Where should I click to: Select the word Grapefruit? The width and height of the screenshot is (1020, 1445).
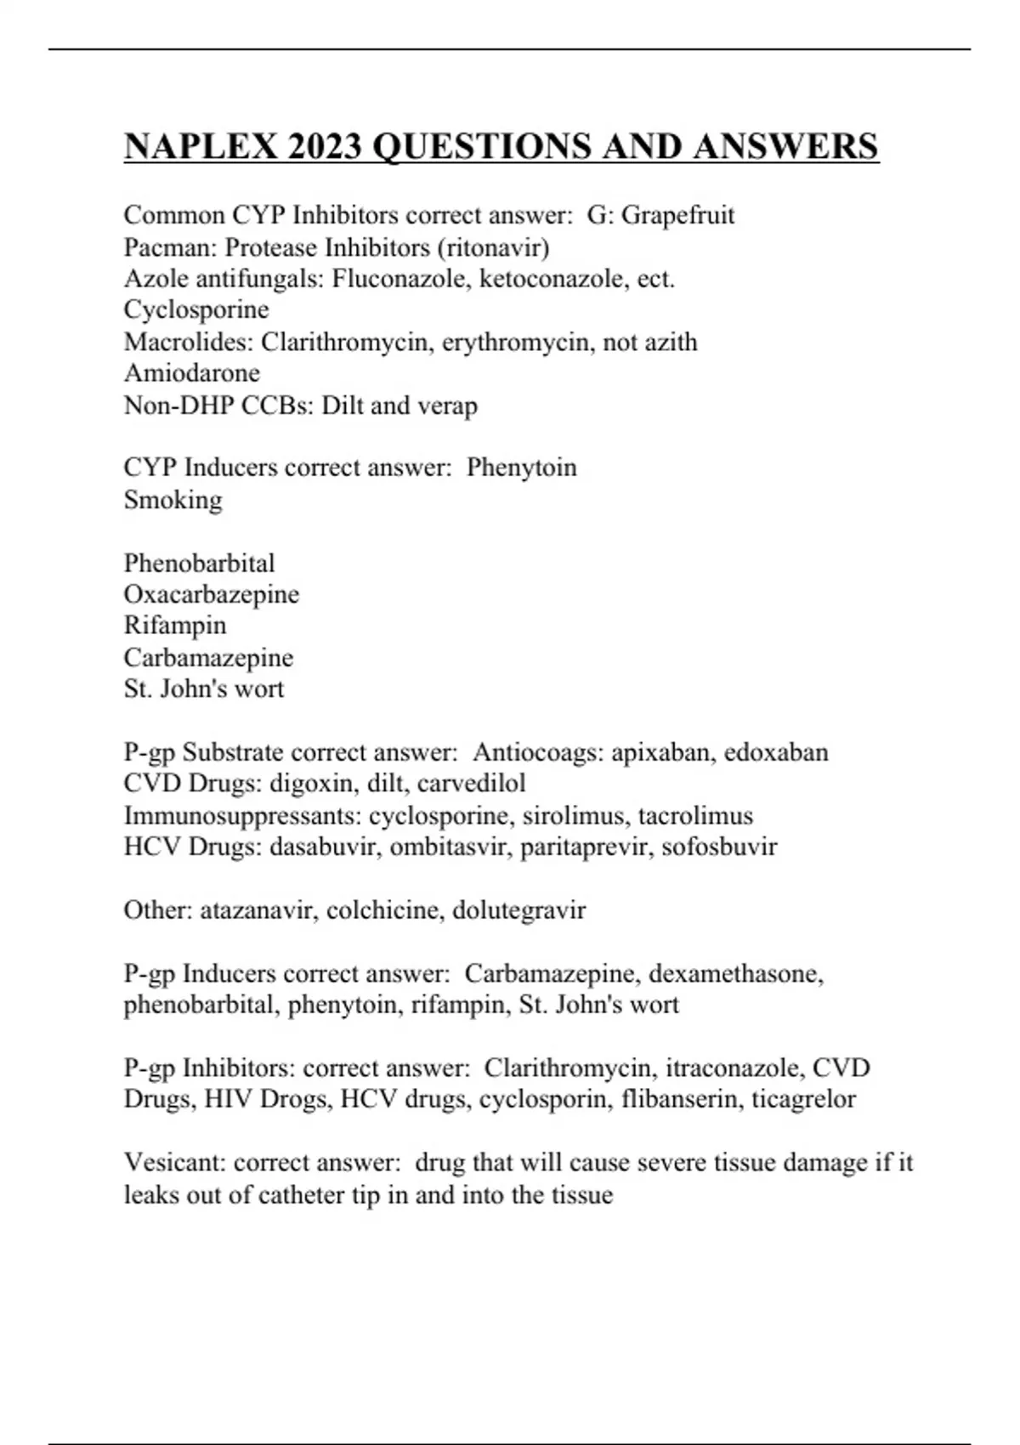point(677,216)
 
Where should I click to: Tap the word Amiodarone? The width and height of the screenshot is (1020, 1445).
point(192,373)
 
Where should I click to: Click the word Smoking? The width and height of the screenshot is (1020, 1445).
point(173,500)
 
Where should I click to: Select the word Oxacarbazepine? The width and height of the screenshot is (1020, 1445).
point(212,594)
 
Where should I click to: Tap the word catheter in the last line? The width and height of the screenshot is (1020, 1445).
point(302,1195)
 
